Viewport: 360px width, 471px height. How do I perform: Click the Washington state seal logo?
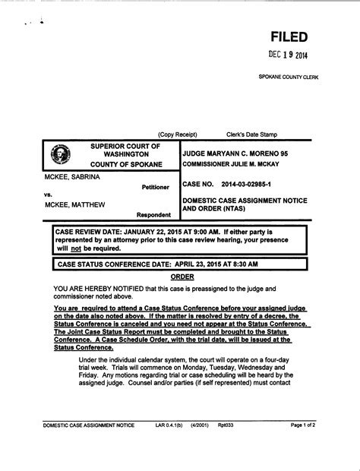61,153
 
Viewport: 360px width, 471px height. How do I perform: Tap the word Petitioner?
156,187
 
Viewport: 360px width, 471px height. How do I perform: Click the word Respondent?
153,214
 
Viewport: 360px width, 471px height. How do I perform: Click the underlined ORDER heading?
182,277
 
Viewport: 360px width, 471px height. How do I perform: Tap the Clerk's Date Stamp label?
252,134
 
